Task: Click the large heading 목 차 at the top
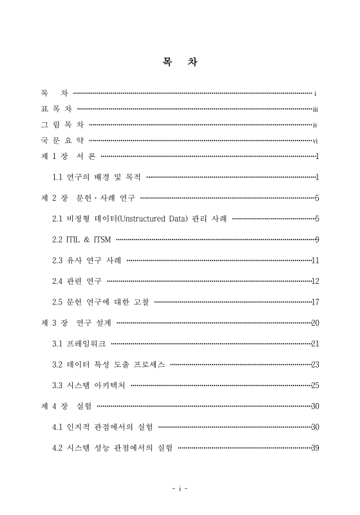(x=180, y=63)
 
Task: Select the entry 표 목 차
(x=56, y=109)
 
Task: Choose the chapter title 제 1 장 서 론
(x=68, y=156)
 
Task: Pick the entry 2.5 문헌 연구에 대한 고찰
(x=102, y=302)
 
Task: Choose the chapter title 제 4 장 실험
(x=66, y=406)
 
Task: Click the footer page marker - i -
(x=180, y=489)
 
